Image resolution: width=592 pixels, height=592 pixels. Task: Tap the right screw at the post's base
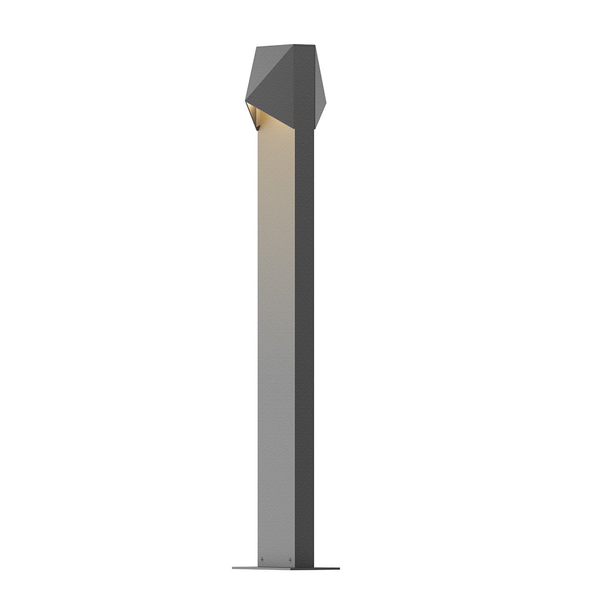[x=291, y=559]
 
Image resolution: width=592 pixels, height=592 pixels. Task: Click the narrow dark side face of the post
[x=305, y=345]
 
